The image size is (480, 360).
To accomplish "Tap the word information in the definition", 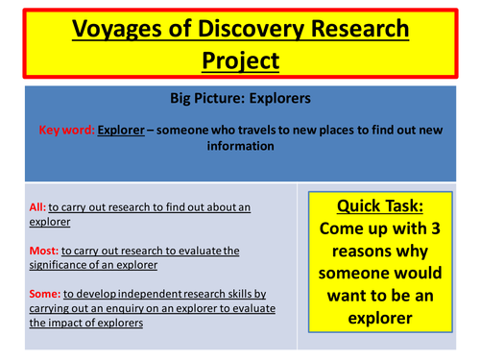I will [x=240, y=148].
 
